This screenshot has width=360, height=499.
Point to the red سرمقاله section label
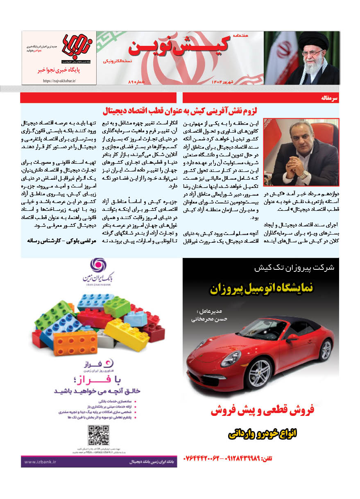pos(331,99)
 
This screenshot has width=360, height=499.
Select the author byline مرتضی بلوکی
pos(61,242)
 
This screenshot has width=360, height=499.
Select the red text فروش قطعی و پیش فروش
pos(262,411)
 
